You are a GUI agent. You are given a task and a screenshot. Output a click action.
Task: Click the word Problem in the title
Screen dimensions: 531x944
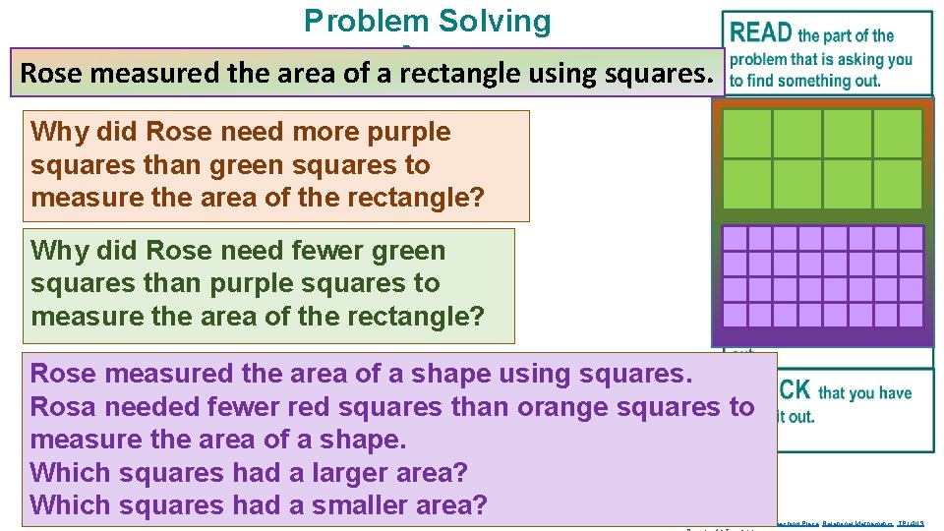(366, 21)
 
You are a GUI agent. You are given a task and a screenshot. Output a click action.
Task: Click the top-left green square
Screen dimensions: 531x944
(747, 134)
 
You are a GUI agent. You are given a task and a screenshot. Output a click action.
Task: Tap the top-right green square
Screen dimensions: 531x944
(898, 134)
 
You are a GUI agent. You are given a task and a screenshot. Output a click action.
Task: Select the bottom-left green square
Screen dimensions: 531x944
(747, 184)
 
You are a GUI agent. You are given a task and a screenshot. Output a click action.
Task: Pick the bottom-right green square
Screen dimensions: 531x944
(898, 184)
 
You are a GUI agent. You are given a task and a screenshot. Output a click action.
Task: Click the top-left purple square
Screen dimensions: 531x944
(735, 239)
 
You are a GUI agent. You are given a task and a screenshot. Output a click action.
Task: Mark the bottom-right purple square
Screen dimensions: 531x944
(912, 315)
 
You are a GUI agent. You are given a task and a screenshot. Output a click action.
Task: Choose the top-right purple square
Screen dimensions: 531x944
(912, 239)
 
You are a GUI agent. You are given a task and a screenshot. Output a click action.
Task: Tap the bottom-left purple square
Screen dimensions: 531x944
(735, 315)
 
